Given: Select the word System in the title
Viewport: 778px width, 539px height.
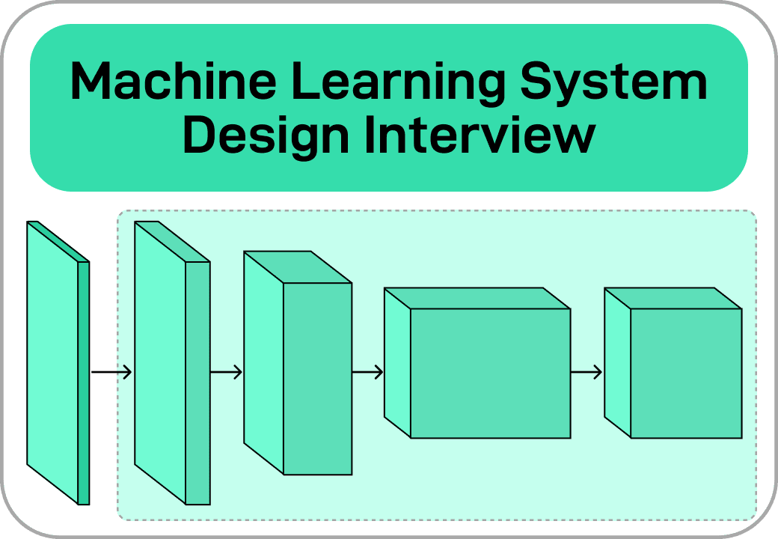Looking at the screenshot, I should pyautogui.click(x=613, y=82).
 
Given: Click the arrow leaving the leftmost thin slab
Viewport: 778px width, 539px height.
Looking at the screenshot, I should pyautogui.click(x=111, y=372).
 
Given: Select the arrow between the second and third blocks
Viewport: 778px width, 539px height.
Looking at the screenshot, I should pyautogui.click(x=226, y=372).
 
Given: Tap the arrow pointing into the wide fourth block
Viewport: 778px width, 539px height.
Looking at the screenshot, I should pyautogui.click(x=367, y=372).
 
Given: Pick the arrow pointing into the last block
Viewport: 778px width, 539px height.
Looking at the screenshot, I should pyautogui.click(x=586, y=372).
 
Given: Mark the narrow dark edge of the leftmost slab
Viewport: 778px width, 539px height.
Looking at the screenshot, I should pyautogui.click(x=84, y=382).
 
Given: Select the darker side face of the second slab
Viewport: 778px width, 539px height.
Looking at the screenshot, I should pyautogui.click(x=197, y=382).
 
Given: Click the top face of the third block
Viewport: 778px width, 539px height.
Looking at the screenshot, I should pyautogui.click(x=298, y=267).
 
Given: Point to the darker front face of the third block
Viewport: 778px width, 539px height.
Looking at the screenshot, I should pyautogui.click(x=317, y=378).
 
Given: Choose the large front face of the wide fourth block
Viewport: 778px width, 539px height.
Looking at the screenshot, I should pyautogui.click(x=490, y=373).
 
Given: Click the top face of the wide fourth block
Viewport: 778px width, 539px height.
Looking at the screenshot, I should pyautogui.click(x=477, y=298).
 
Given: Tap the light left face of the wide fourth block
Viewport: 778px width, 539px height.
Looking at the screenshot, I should pyautogui.click(x=397, y=363).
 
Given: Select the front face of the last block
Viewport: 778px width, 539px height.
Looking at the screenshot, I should pyautogui.click(x=686, y=373).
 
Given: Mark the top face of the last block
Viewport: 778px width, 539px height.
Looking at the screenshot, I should pyautogui.click(x=673, y=298).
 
